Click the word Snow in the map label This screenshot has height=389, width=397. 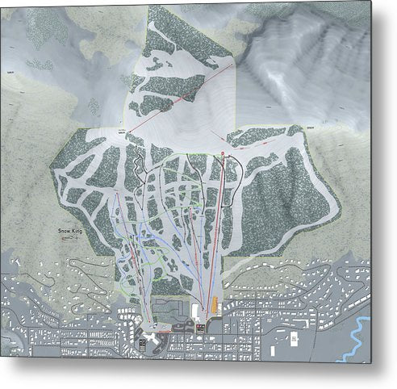64,232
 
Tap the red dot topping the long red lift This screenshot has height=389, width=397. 221,151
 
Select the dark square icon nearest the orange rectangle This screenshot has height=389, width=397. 199,328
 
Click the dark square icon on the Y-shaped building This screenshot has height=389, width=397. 146,343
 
